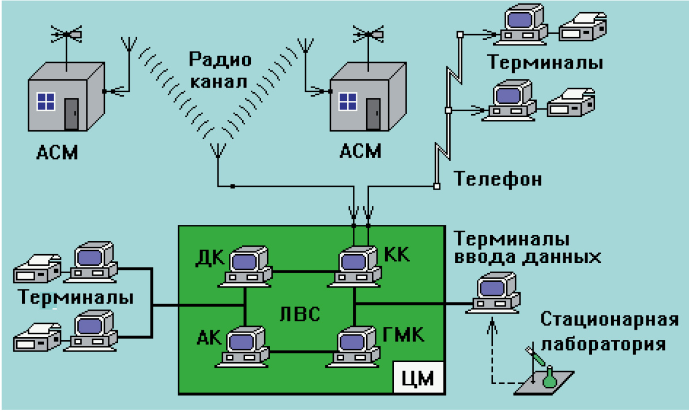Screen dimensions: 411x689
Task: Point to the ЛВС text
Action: tap(299, 314)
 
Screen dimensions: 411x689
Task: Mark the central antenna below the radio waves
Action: tap(218, 151)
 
